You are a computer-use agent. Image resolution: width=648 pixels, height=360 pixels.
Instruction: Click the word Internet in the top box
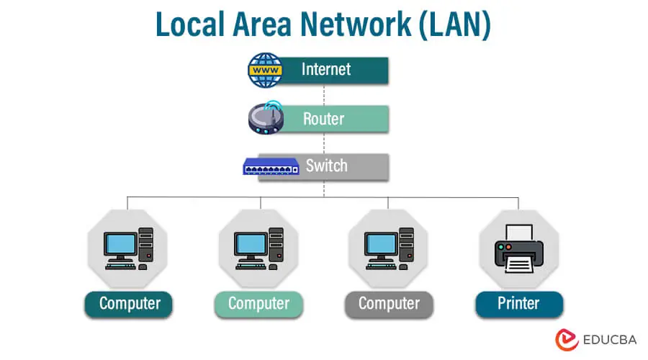click(x=326, y=69)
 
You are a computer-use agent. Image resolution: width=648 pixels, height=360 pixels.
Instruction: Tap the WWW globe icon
click(x=266, y=70)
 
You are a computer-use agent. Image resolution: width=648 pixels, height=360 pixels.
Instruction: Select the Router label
click(x=323, y=118)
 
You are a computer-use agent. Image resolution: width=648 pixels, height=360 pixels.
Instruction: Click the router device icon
click(x=266, y=118)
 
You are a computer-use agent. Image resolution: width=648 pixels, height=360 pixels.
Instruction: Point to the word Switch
click(x=326, y=166)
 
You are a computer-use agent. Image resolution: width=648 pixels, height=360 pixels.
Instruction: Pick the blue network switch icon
click(x=270, y=167)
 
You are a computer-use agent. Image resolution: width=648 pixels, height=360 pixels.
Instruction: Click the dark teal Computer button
click(x=128, y=303)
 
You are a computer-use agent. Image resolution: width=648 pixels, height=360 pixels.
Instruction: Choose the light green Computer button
click(x=258, y=303)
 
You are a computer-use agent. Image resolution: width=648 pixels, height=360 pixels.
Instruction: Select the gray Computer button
click(x=389, y=303)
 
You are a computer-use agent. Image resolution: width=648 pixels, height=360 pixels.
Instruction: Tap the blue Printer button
click(x=518, y=303)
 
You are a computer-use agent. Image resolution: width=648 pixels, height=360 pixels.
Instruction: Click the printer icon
click(x=518, y=249)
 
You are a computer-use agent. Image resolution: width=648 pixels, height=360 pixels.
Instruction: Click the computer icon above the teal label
click(x=128, y=249)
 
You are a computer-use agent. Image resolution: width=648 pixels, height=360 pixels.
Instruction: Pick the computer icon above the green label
click(x=258, y=249)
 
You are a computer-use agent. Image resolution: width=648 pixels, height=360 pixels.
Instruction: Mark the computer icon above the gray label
click(x=389, y=249)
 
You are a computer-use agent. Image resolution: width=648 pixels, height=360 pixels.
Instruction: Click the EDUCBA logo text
click(x=606, y=340)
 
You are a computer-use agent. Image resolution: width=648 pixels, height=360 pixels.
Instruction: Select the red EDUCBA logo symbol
click(x=567, y=340)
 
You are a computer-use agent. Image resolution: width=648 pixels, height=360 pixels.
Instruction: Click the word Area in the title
click(x=267, y=25)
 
